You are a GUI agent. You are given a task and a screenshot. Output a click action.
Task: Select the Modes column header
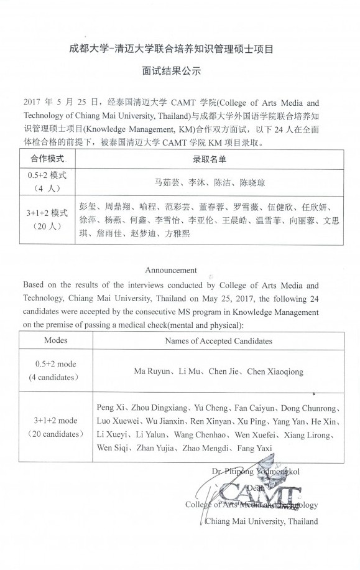coord(56,340)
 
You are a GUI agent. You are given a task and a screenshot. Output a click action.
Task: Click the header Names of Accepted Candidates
coord(218,341)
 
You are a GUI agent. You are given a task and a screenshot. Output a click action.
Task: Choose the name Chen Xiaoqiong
coord(275,371)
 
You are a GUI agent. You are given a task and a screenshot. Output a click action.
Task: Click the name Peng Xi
coord(110,408)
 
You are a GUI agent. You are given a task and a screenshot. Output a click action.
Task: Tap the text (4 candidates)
coord(55,378)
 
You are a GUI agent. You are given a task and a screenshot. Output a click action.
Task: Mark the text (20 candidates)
coord(55,433)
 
